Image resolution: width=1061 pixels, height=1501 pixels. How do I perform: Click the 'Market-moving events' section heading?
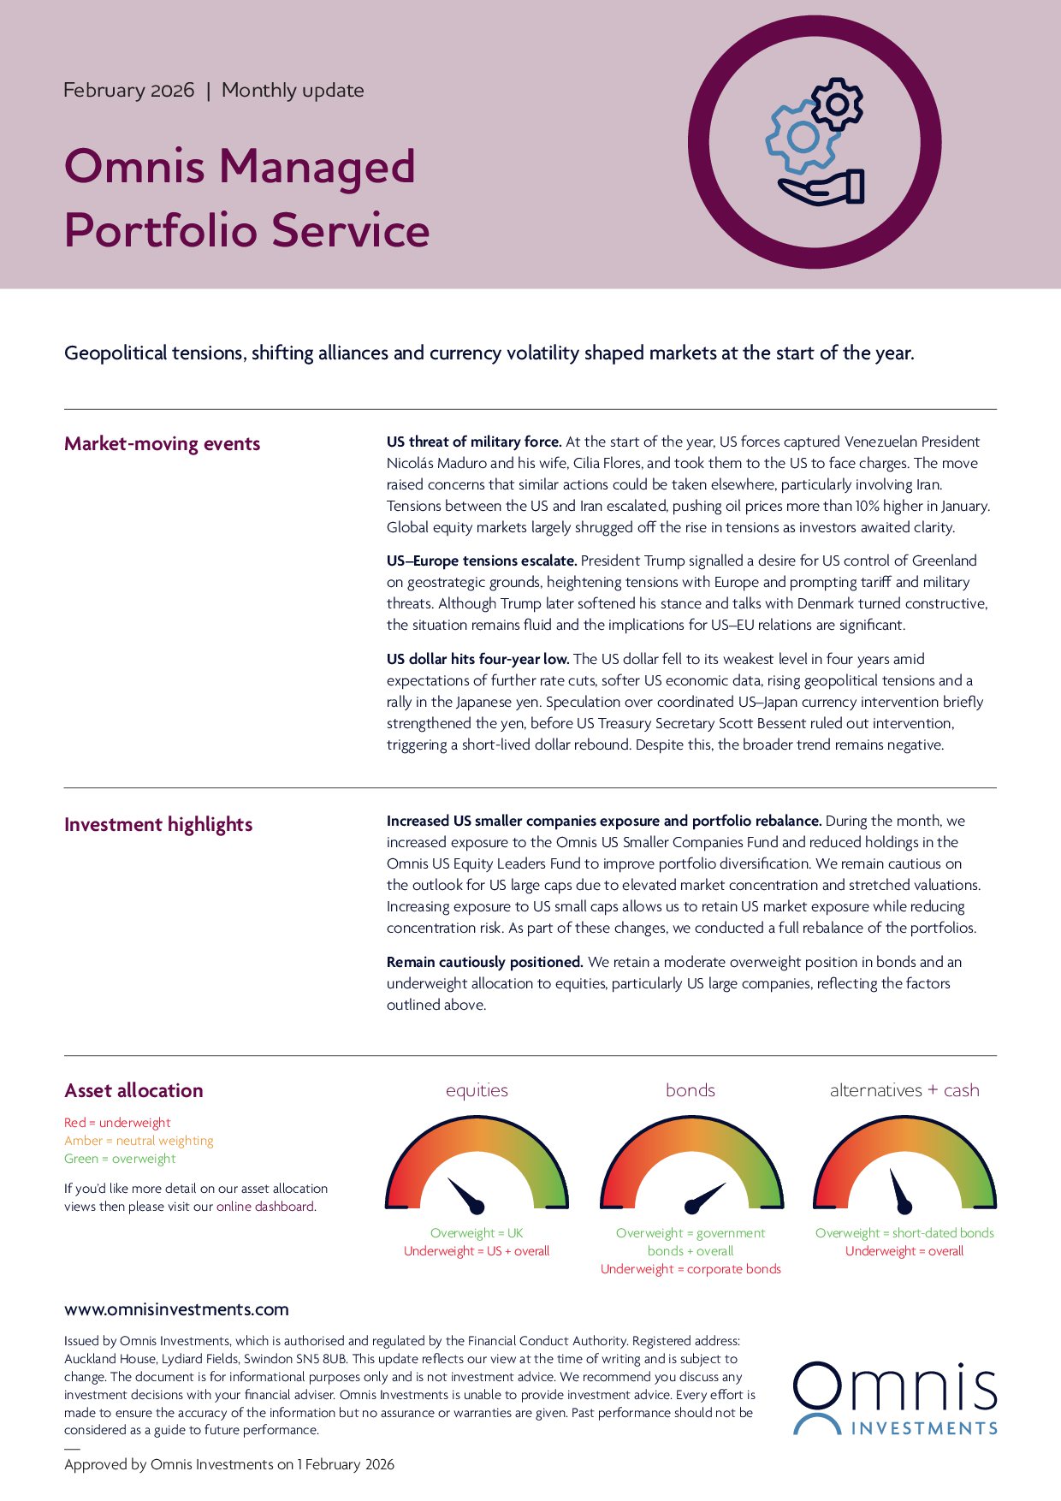click(x=162, y=444)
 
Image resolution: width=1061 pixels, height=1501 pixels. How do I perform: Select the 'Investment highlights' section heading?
click(x=158, y=825)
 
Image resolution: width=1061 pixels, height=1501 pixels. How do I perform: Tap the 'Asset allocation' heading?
click(x=133, y=1091)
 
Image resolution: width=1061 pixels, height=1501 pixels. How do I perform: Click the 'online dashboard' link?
click(x=265, y=1207)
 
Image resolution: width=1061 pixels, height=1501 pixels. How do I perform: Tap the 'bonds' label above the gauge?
click(x=690, y=1090)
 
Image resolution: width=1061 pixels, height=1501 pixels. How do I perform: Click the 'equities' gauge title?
click(x=477, y=1090)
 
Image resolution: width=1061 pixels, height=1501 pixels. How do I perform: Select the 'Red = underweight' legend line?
click(x=117, y=1123)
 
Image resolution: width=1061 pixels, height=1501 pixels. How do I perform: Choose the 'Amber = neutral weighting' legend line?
click(x=139, y=1141)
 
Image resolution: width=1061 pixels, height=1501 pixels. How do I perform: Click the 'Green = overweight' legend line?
click(x=120, y=1159)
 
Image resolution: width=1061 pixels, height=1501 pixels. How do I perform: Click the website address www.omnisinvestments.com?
click(x=176, y=1309)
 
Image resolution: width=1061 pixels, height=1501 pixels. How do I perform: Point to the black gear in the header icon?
click(x=837, y=104)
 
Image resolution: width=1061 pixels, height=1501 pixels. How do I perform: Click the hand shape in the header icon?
click(x=821, y=189)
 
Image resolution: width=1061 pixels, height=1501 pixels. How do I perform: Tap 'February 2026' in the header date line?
click(x=129, y=91)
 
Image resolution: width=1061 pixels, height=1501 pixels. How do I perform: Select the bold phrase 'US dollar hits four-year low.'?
click(x=477, y=659)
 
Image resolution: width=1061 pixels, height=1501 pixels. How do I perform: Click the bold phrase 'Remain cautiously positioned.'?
click(x=484, y=962)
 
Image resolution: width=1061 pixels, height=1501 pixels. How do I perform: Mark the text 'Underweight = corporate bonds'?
click(x=691, y=1269)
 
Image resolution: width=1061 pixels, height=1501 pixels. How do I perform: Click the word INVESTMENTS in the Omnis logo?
click(x=924, y=1428)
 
